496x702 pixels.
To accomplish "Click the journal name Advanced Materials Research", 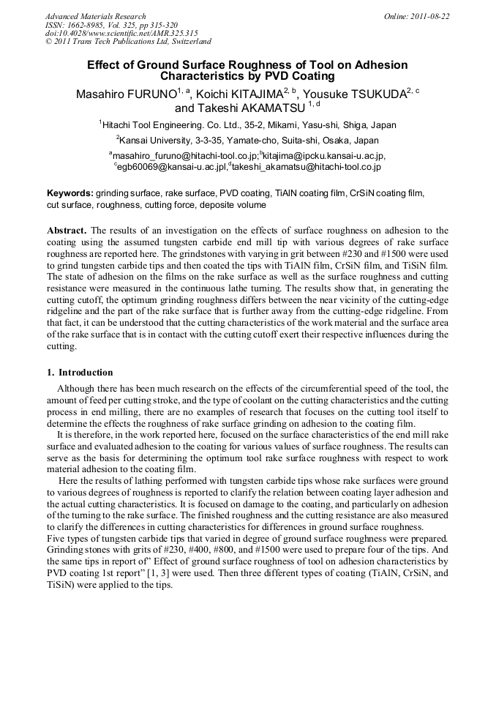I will (x=95, y=16).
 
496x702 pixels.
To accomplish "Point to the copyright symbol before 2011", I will (x=48, y=42).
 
